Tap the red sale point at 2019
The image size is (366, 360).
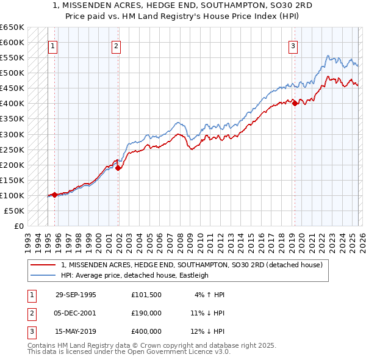pos(295,104)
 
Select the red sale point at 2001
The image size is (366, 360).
pos(118,168)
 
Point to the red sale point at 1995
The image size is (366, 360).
pos(55,195)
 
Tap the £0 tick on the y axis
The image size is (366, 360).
pos(18,226)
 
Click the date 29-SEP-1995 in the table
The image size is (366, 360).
pos(76,295)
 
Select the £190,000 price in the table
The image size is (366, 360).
pos(146,313)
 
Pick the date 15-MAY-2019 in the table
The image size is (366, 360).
pos(76,331)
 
